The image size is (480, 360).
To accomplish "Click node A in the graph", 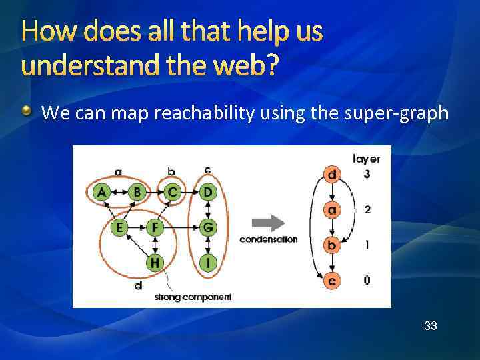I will click(101, 193).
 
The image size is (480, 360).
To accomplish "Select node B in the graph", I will click(137, 193).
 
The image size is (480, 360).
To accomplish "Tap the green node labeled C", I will click(173, 193).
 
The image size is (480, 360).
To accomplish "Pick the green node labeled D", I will click(209, 193).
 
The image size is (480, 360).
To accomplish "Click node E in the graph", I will click(119, 228).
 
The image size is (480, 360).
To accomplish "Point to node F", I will click(155, 228).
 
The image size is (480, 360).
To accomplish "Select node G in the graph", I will click(209, 228).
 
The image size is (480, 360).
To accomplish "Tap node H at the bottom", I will click(155, 263).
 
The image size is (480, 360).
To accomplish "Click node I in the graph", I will click(209, 263).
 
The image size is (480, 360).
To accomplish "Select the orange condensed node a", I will click(332, 211).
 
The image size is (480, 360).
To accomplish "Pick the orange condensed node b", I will click(332, 246).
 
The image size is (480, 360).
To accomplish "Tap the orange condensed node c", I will click(332, 281).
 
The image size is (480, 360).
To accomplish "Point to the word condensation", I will click(269, 240).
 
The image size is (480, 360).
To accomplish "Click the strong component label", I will click(193, 297).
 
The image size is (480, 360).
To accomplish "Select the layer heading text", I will click(366, 159).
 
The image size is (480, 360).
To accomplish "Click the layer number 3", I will click(367, 175).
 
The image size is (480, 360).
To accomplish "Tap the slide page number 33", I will click(431, 326).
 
